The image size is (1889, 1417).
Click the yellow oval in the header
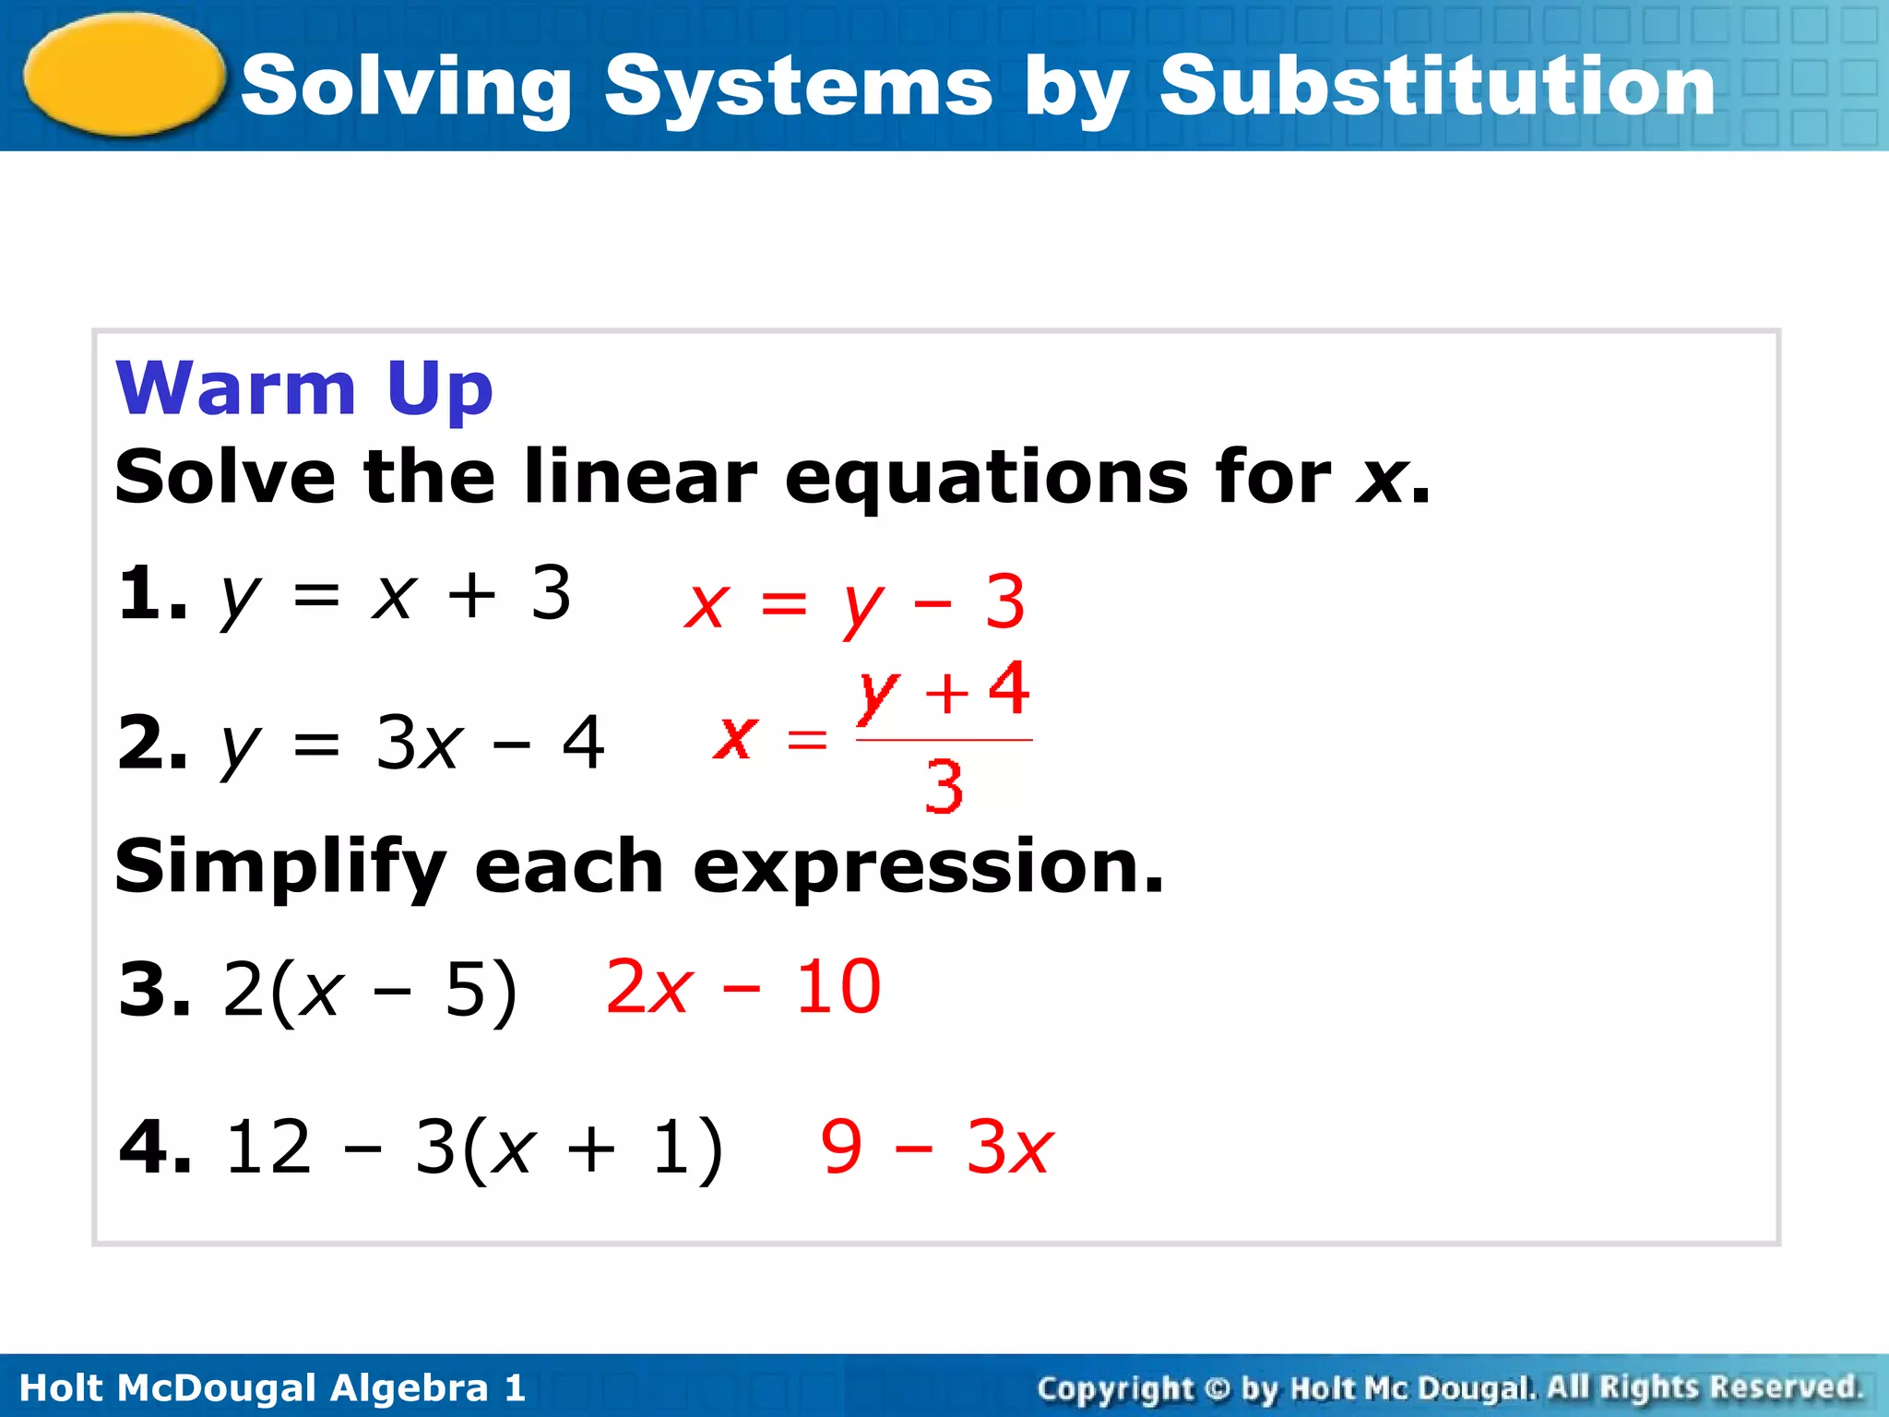click(125, 74)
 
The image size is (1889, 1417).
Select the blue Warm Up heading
click(304, 388)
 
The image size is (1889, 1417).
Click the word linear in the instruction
click(640, 477)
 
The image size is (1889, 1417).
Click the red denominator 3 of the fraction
click(944, 787)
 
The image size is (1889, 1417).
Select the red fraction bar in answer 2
click(944, 740)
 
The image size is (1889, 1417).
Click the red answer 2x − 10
click(743, 987)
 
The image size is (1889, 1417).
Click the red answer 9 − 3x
click(936, 1148)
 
